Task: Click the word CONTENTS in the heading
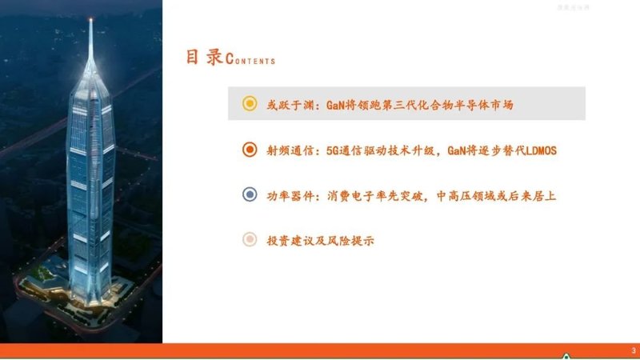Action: pos(250,61)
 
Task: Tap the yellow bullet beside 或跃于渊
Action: pos(250,104)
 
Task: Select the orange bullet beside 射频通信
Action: pos(250,149)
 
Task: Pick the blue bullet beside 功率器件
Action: pos(250,194)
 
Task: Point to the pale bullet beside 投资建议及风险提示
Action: pos(250,239)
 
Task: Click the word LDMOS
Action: pos(538,150)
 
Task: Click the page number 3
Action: pos(633,350)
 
